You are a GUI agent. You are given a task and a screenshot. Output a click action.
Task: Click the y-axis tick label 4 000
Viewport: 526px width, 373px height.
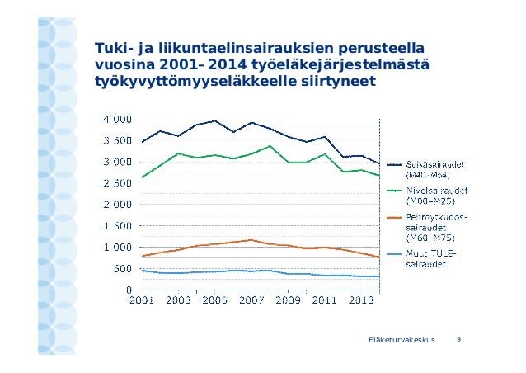[116, 120]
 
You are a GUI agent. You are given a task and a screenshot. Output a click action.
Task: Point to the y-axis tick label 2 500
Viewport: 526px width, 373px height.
[116, 183]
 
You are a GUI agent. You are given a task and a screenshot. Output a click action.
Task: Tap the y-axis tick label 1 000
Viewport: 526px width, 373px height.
[116, 248]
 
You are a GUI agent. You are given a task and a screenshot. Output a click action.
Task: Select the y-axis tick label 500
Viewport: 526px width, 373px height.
[121, 269]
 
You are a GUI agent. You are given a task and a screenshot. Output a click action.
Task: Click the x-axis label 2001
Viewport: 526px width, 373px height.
[142, 301]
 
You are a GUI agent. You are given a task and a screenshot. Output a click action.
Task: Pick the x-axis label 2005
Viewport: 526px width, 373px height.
[214, 301]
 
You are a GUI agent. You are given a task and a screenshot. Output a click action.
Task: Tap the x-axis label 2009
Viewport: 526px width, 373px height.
[288, 301]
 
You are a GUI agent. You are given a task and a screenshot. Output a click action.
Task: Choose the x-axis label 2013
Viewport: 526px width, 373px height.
[360, 301]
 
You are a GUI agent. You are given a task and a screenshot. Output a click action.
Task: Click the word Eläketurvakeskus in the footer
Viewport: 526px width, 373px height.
[401, 340]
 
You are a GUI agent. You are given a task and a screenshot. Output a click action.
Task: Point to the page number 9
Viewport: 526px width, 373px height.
[458, 340]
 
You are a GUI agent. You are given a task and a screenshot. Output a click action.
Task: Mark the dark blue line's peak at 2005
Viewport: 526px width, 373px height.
[215, 121]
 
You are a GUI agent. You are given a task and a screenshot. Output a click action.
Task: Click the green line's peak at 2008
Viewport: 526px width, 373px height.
[270, 146]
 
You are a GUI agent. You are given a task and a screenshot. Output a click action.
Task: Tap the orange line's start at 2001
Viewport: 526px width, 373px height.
[142, 257]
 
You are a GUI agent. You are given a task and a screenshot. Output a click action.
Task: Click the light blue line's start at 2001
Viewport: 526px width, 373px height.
[142, 271]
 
